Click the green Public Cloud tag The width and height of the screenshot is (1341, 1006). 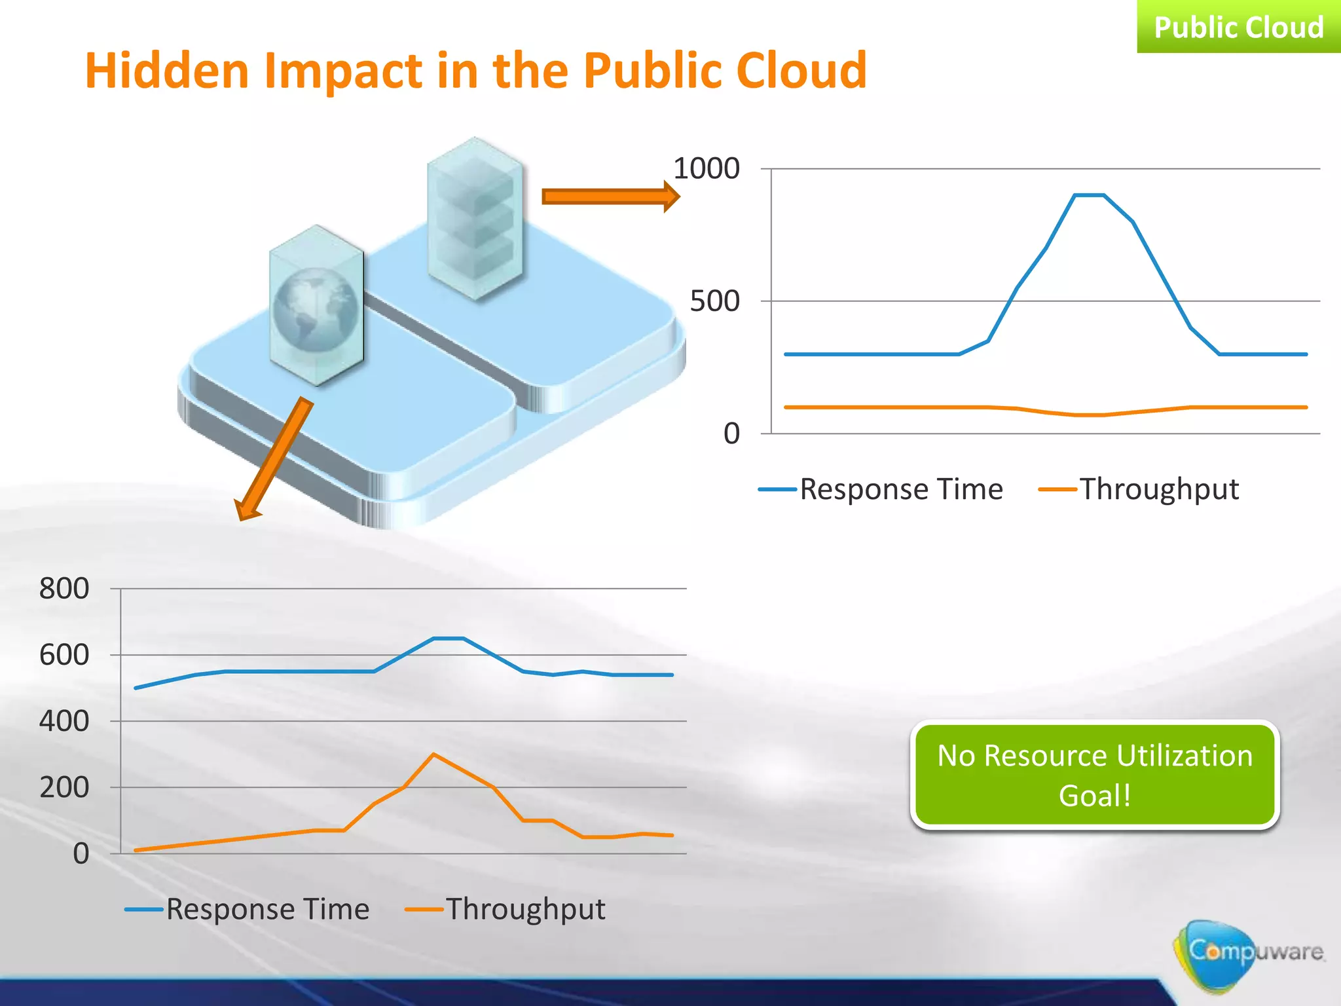pyautogui.click(x=1238, y=27)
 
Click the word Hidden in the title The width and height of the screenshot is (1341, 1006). pyautogui.click(x=166, y=71)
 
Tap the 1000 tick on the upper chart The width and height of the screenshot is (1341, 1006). pyautogui.click(x=706, y=169)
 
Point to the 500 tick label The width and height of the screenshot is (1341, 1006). pyautogui.click(x=714, y=301)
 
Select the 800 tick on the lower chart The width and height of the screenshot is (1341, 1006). pyautogui.click(x=64, y=588)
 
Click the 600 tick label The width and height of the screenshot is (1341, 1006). pyautogui.click(x=64, y=655)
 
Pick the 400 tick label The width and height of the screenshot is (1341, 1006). pyautogui.click(x=64, y=721)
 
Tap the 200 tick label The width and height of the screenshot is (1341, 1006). pyautogui.click(x=64, y=787)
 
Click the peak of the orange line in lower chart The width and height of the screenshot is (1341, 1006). pyautogui.click(x=433, y=754)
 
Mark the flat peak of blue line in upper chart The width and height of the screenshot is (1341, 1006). pyautogui.click(x=1089, y=195)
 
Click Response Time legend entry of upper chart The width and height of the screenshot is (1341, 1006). pyautogui.click(x=881, y=489)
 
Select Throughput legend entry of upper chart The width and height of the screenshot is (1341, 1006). pyautogui.click(x=1139, y=489)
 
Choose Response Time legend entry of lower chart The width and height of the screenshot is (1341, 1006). pyautogui.click(x=248, y=909)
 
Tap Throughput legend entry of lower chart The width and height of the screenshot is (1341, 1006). pyautogui.click(x=505, y=909)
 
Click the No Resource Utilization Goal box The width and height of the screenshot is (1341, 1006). pyautogui.click(x=1094, y=775)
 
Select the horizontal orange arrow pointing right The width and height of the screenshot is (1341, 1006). pyautogui.click(x=609, y=196)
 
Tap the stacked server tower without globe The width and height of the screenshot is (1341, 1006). pyautogui.click(x=475, y=219)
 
